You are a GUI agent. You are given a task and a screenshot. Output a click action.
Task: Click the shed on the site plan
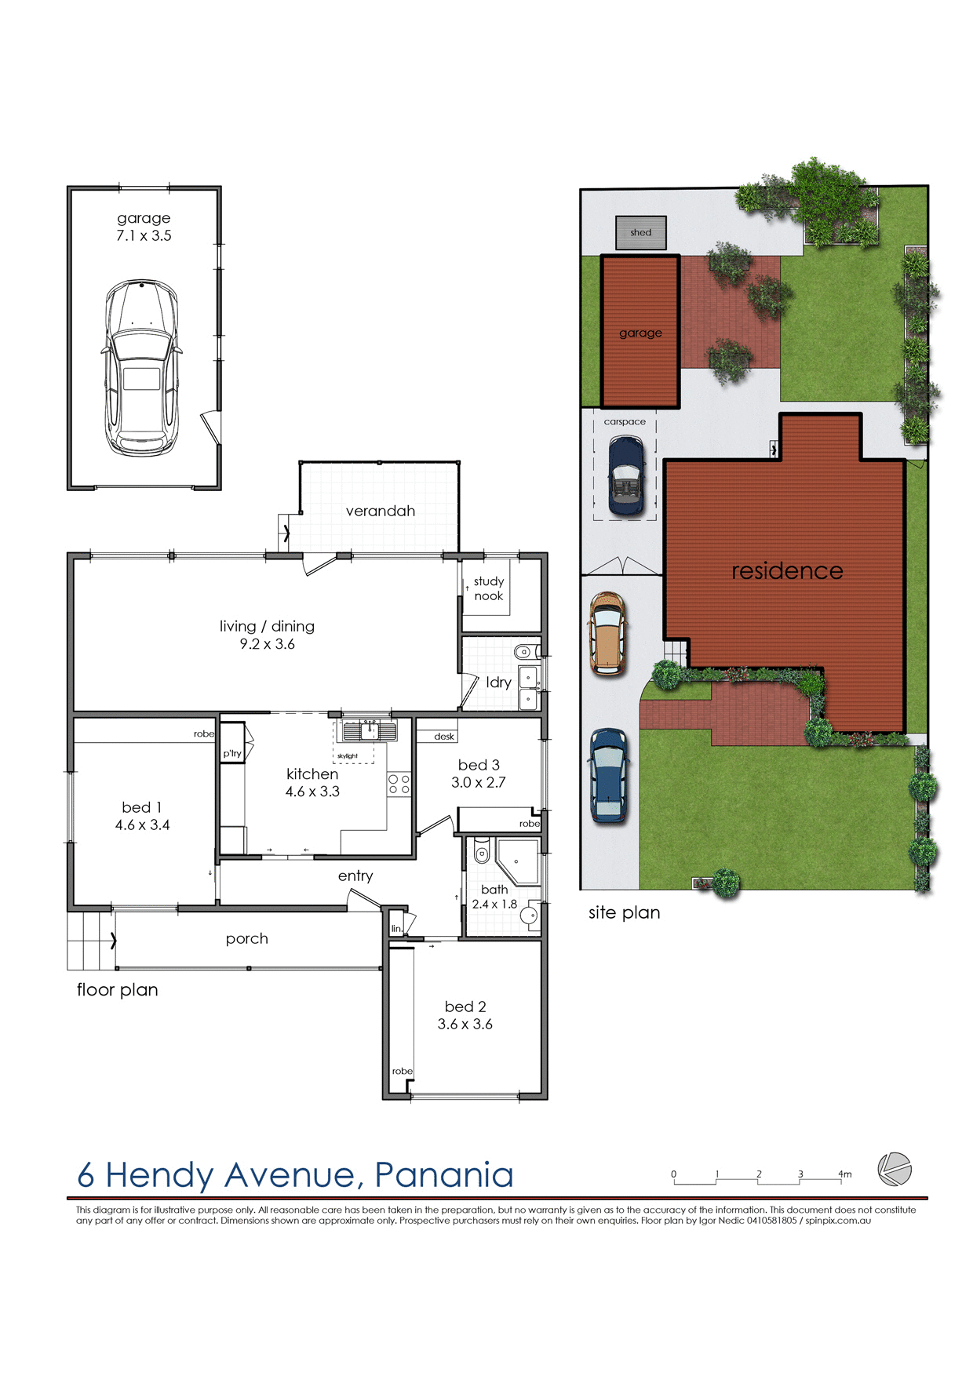pyautogui.click(x=640, y=232)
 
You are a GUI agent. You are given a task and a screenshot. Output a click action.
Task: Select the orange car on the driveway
pyautogui.click(x=607, y=634)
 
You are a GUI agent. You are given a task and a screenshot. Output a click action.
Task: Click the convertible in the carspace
pyautogui.click(x=625, y=476)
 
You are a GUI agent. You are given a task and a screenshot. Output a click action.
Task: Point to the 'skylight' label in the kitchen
pyautogui.click(x=348, y=756)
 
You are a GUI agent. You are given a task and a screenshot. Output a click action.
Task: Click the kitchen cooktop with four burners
pyautogui.click(x=399, y=784)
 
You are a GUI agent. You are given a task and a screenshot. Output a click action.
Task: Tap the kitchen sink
pyautogui.click(x=370, y=730)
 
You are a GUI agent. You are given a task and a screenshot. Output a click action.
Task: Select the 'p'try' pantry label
pyautogui.click(x=232, y=753)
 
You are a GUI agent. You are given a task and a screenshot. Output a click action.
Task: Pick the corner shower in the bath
pyautogui.click(x=519, y=861)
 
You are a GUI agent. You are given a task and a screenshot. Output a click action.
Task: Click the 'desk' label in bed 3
pyautogui.click(x=444, y=737)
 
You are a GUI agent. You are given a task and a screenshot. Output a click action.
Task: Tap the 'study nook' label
pyautogui.click(x=488, y=588)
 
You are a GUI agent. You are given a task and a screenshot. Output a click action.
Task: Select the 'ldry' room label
pyautogui.click(x=498, y=683)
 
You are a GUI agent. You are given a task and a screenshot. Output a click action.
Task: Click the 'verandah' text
pyautogui.click(x=381, y=511)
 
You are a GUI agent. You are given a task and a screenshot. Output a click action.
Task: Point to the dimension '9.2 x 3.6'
pyautogui.click(x=268, y=644)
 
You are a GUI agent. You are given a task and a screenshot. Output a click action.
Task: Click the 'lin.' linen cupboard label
pyautogui.click(x=396, y=929)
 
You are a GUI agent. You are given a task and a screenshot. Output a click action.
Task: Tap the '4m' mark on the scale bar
pyautogui.click(x=844, y=1174)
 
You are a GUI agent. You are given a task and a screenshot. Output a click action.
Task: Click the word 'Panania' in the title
pyautogui.click(x=444, y=1175)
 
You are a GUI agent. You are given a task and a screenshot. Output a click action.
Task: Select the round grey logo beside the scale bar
pyautogui.click(x=895, y=1169)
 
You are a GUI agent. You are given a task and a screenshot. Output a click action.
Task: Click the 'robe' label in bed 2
pyautogui.click(x=403, y=1071)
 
